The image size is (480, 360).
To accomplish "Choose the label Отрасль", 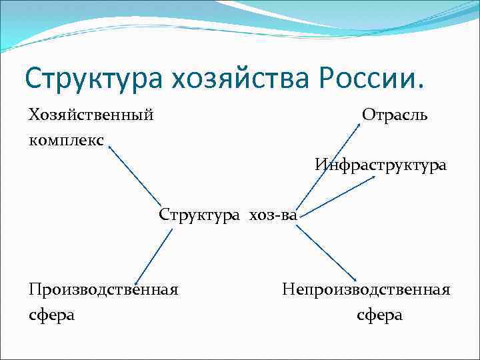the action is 395,115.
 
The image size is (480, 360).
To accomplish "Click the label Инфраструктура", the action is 381,164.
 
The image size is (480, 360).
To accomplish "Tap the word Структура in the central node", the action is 200,215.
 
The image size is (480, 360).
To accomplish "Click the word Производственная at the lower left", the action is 103,289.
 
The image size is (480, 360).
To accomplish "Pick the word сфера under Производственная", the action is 51,314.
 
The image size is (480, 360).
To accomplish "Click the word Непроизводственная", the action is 366,289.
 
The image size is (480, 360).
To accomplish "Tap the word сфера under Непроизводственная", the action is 380,314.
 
